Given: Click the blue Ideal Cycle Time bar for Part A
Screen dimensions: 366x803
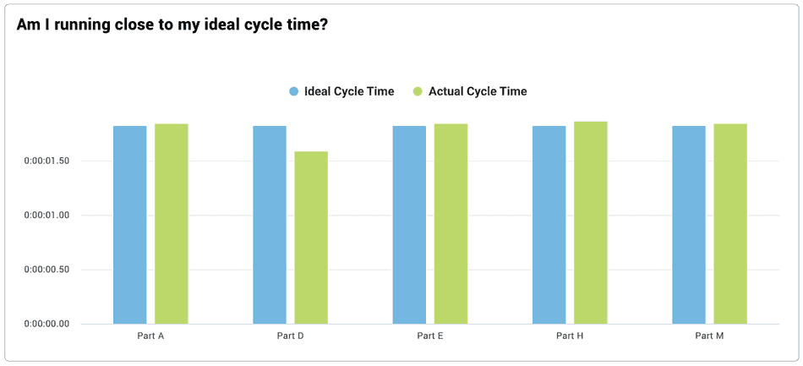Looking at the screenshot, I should (130, 225).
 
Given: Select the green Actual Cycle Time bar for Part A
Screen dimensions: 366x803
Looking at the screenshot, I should (171, 224).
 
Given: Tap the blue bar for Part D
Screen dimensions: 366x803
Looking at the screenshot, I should (270, 225).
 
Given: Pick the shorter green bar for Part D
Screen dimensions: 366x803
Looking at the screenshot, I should (311, 238).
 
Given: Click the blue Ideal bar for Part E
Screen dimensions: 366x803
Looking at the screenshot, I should (409, 225).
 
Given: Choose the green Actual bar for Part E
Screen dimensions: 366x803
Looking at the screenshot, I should (451, 224).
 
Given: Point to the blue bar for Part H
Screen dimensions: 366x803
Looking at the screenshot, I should (549, 225).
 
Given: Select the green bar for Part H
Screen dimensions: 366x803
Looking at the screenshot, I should (590, 222).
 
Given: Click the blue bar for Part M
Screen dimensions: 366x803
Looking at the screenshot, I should (689, 225).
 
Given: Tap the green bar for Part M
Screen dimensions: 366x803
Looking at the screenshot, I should (730, 224).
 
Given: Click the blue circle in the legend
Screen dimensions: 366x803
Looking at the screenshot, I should (294, 91).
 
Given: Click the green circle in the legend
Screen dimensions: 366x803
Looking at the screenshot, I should (418, 91).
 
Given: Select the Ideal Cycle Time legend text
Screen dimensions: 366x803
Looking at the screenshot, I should (348, 91).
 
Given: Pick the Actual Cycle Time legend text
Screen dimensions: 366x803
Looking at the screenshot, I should (478, 91).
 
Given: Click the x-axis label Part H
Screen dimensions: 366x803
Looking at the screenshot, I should (570, 336).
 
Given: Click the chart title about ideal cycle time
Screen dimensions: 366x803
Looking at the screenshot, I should (172, 25).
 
